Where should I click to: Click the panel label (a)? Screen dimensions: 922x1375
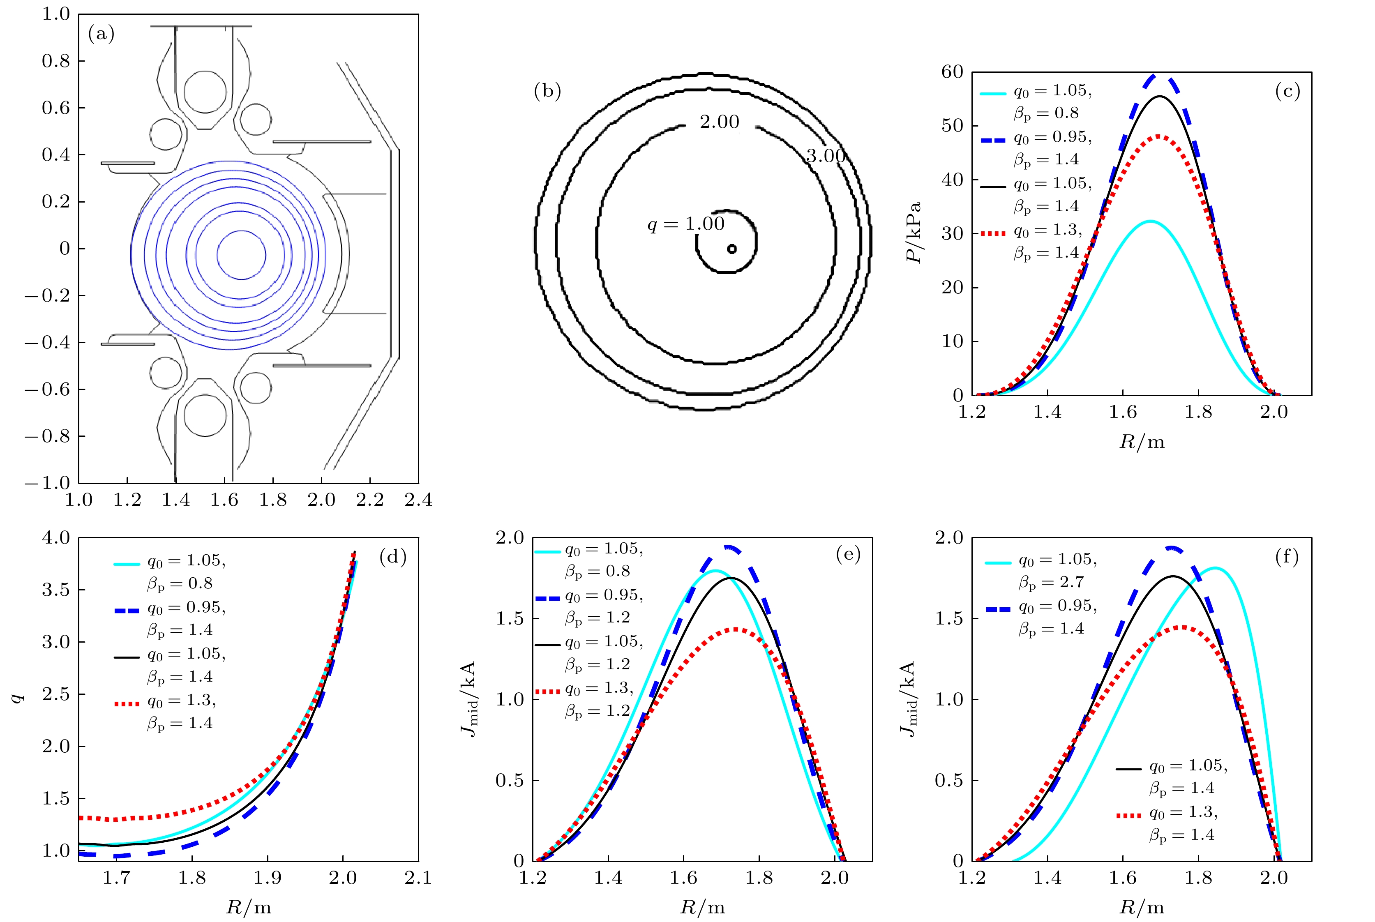click(x=101, y=34)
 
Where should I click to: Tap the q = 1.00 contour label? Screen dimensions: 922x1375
click(x=686, y=224)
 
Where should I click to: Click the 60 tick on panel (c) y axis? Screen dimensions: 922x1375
click(x=952, y=72)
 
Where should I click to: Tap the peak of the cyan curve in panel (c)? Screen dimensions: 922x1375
click(x=1150, y=221)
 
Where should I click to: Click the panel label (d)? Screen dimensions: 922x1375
click(x=393, y=556)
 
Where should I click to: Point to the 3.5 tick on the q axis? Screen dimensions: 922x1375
click(x=56, y=590)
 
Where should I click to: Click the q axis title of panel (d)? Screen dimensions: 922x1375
click(x=19, y=698)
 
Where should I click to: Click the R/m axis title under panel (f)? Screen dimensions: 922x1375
click(x=1142, y=907)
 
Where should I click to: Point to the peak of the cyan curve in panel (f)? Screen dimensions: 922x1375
click(x=1214, y=568)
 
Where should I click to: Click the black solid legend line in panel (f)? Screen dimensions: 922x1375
click(x=1128, y=768)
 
